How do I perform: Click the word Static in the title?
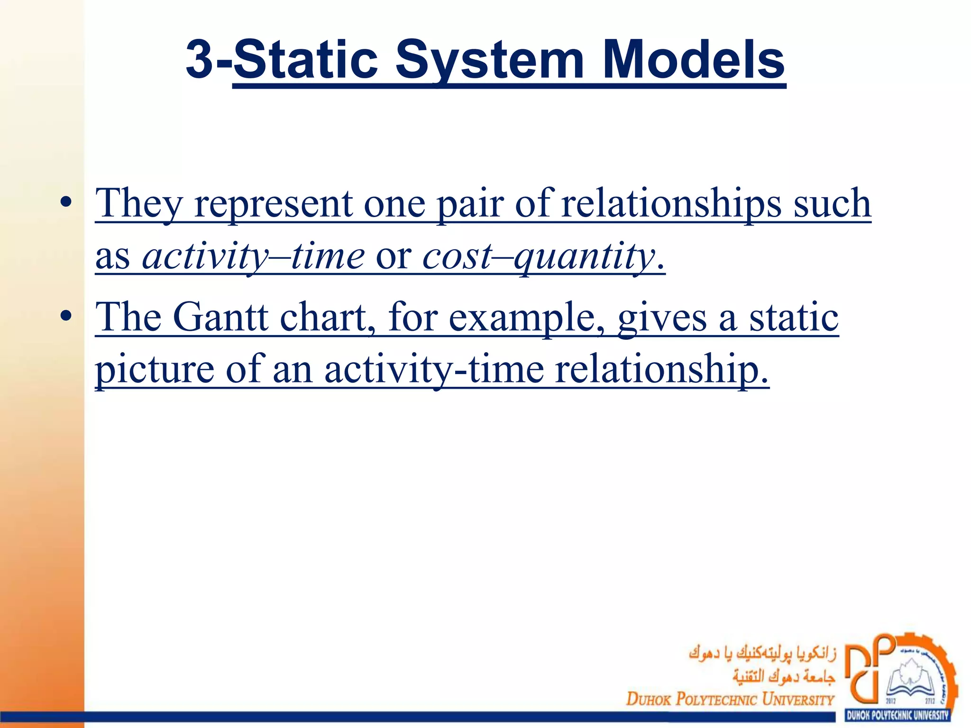point(305,60)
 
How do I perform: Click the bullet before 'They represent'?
point(66,202)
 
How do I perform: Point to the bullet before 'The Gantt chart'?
point(66,316)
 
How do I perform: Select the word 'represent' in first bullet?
point(273,204)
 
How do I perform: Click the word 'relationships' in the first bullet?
point(671,204)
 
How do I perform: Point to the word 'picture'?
point(155,370)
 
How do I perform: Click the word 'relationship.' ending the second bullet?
point(661,370)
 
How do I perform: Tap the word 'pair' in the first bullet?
point(469,204)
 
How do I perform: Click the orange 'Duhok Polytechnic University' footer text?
point(730,699)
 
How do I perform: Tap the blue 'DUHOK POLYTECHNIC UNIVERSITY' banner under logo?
point(898,715)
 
